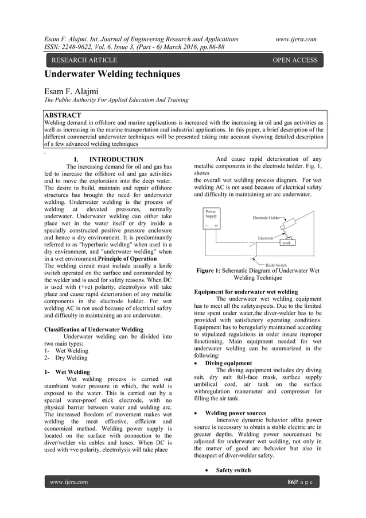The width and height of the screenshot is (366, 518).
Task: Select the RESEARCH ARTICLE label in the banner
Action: pyautogui.click(x=84, y=60)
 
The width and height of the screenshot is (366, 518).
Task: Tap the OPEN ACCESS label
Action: pyautogui.click(x=295, y=60)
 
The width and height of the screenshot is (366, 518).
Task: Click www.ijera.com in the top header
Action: pyautogui.click(x=296, y=38)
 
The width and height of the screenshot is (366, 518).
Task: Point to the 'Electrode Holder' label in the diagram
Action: pyautogui.click(x=267, y=218)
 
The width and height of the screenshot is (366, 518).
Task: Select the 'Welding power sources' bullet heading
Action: pyautogui.click(x=235, y=413)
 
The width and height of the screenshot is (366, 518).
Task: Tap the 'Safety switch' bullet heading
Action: pyautogui.click(x=233, y=470)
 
